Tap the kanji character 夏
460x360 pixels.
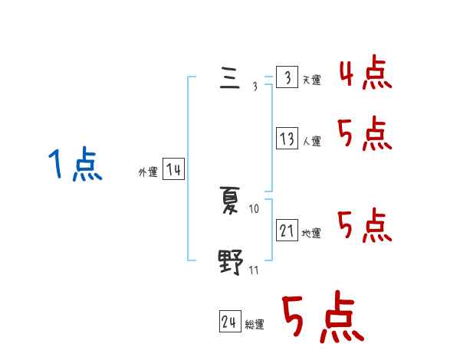(x=230, y=201)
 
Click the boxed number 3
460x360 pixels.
(x=287, y=78)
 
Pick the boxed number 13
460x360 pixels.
(x=287, y=139)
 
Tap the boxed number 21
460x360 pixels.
(x=287, y=231)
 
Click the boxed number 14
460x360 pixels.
(x=173, y=170)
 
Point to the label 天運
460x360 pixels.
(x=311, y=80)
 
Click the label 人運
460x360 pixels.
(x=311, y=142)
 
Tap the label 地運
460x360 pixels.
(x=311, y=234)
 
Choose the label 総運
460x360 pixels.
(x=255, y=326)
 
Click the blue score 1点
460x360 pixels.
(x=74, y=165)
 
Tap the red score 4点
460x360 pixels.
(x=366, y=74)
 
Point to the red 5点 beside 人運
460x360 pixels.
(x=366, y=135)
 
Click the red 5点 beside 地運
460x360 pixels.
(x=366, y=225)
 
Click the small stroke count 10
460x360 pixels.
(x=255, y=208)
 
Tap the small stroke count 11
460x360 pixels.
(x=254, y=270)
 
